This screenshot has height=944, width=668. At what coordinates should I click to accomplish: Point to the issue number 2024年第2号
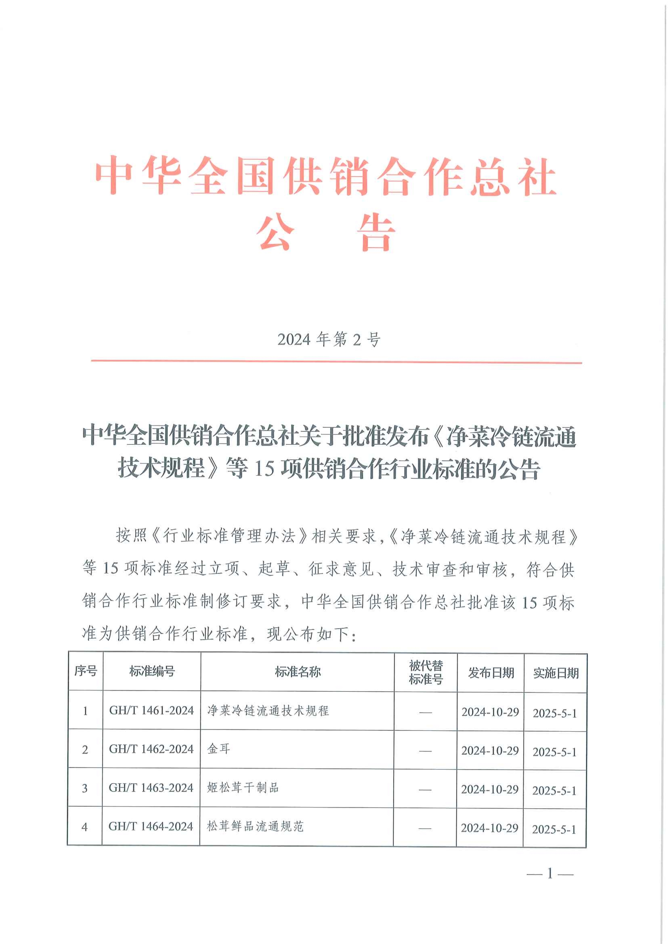(329, 340)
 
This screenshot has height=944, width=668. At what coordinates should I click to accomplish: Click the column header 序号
(86, 671)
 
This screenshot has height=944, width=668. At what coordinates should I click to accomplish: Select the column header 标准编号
(152, 671)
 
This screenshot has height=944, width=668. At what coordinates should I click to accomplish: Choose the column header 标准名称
(298, 672)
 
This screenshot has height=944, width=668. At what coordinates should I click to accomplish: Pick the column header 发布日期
(491, 673)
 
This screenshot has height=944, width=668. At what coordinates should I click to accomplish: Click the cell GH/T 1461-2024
(151, 710)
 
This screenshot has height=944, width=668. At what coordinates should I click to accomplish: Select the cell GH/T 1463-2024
(151, 788)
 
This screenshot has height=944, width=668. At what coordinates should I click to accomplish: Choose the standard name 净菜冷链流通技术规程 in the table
(268, 710)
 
